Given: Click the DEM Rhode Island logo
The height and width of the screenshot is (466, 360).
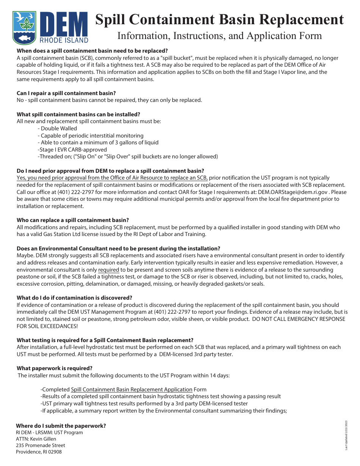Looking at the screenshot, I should pos(50,27).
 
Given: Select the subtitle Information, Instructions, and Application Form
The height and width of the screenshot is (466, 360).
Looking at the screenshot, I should pos(219,36).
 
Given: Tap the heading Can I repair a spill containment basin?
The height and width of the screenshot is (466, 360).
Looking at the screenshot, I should pos(66,93).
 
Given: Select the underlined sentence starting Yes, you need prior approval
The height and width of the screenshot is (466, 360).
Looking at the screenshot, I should pos(112,178).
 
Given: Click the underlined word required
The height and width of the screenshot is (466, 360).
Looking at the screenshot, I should pos(109,270).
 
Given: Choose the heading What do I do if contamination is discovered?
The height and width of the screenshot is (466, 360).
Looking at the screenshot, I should pos(74,298).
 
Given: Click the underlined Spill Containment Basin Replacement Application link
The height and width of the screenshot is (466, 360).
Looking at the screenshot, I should pos(131,389).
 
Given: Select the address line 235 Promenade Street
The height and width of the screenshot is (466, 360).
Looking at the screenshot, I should pos(41,446).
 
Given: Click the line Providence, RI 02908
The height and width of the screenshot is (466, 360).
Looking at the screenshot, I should pos(39,452).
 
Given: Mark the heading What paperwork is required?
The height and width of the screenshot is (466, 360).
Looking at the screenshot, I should pos(55,368).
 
